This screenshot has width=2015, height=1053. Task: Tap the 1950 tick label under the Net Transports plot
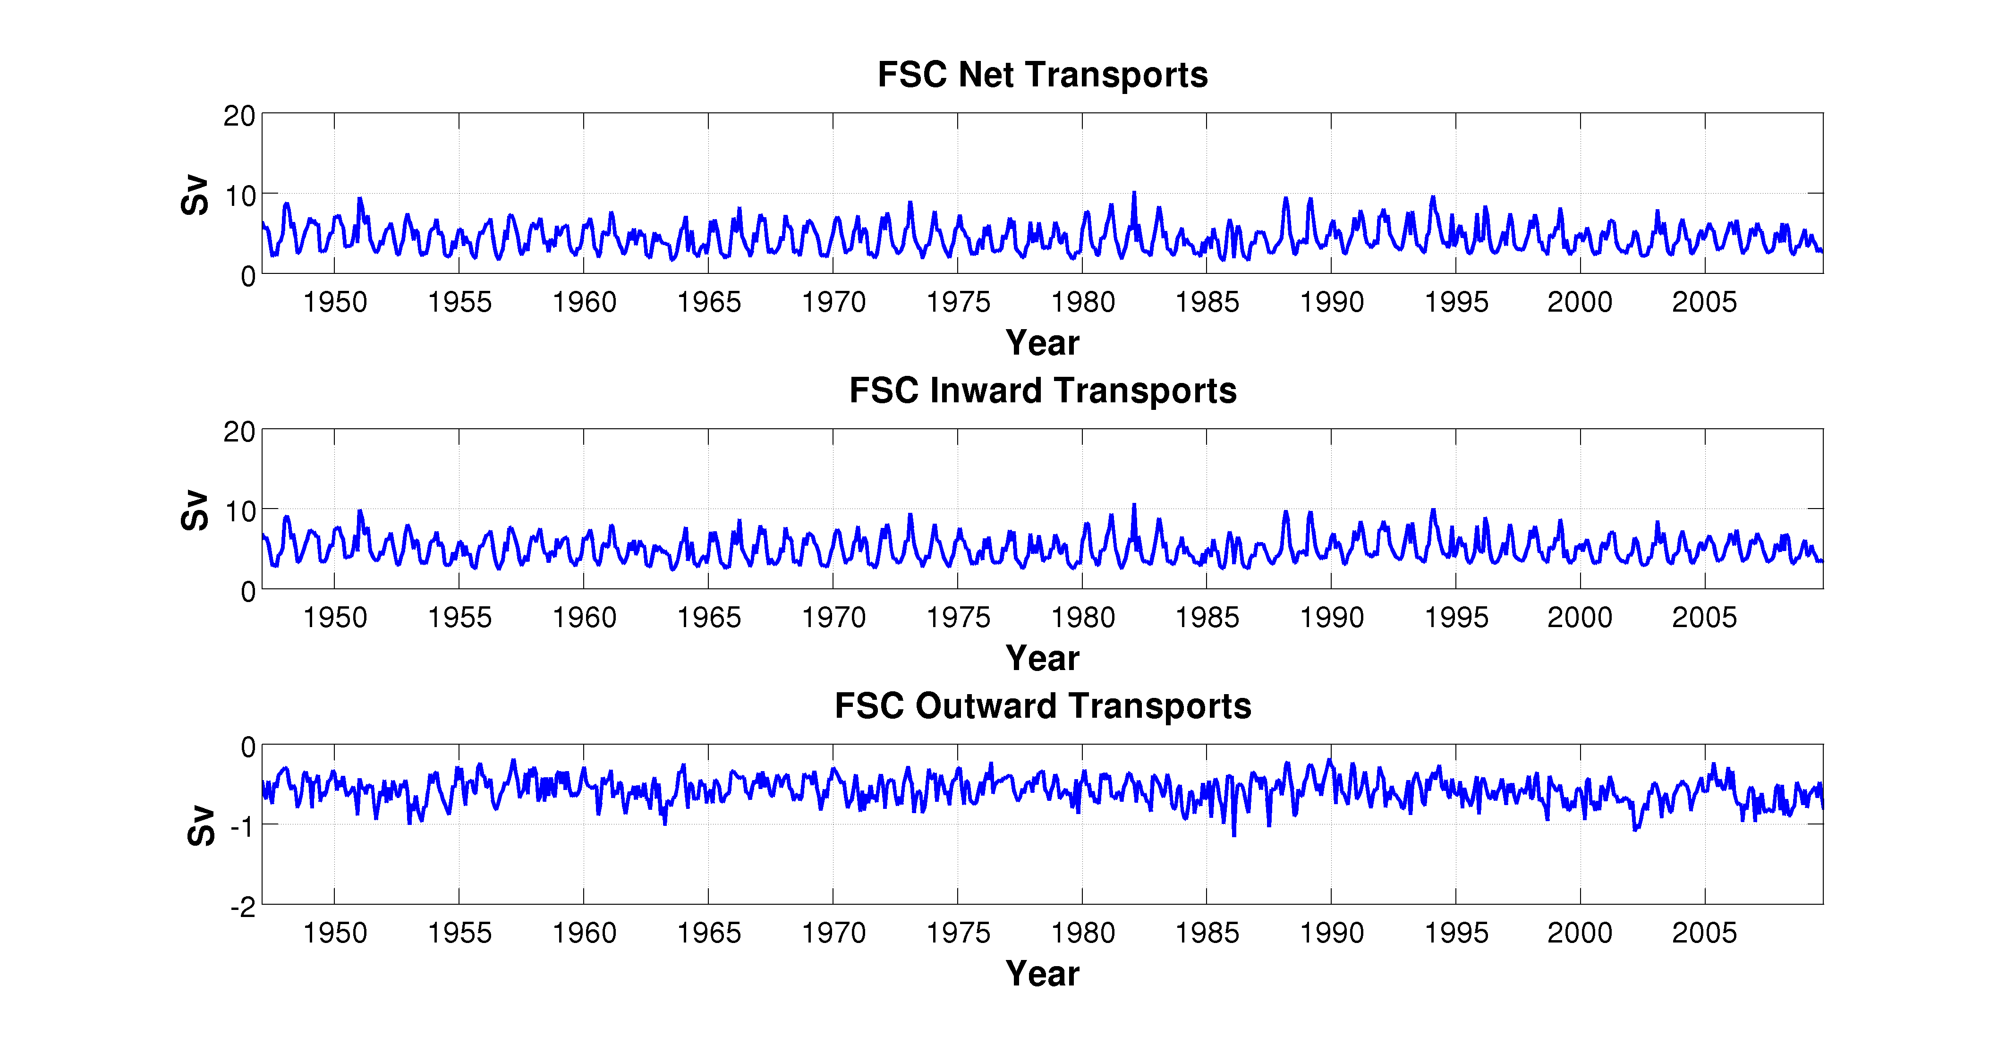click(335, 302)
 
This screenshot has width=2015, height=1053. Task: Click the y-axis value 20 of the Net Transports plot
click(239, 116)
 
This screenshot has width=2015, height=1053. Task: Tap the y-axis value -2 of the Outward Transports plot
click(242, 907)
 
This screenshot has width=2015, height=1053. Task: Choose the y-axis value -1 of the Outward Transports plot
click(242, 826)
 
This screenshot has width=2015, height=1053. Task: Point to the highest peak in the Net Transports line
click(1133, 193)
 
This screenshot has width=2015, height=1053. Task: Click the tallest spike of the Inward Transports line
click(1133, 505)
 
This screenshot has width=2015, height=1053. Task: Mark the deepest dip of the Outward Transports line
click(1234, 835)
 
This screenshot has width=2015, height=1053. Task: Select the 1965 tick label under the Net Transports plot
click(709, 302)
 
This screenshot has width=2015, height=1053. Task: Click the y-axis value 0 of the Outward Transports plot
click(247, 747)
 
